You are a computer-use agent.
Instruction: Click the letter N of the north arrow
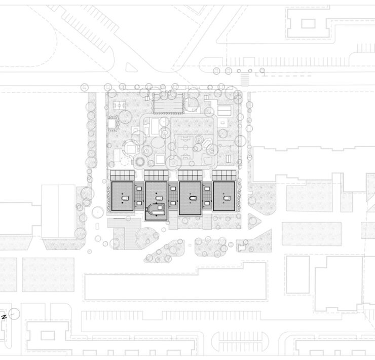4,317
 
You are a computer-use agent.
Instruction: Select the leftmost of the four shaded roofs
122,196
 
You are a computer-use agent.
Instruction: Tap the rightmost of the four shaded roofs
224,196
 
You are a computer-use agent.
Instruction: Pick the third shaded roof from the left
190,198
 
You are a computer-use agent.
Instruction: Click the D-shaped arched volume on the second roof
156,210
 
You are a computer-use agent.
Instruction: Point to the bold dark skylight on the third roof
193,198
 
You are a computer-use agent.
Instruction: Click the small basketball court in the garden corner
120,105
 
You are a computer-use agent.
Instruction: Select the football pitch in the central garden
186,147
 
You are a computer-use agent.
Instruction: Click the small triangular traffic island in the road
131,67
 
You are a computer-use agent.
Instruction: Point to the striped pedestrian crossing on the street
244,79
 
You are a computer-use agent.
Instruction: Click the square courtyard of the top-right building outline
308,24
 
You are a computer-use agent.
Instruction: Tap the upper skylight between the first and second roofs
139,189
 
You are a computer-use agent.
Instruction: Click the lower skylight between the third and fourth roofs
207,203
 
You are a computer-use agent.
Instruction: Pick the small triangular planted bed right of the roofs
253,222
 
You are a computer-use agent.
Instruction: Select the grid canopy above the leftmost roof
123,175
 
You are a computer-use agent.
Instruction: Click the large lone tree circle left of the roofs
98,212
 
